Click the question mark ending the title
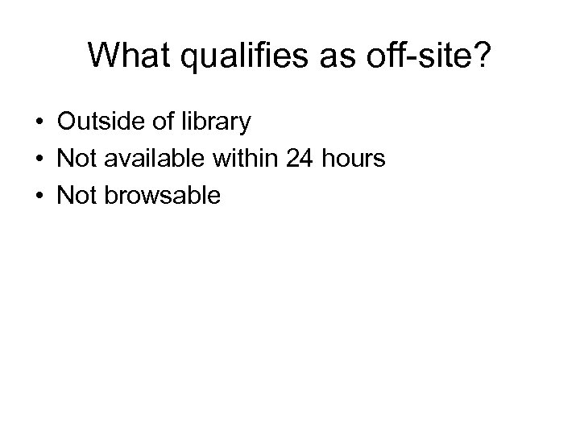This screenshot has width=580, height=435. pyautogui.click(x=481, y=56)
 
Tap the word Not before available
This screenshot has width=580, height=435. pyautogui.click(x=75, y=159)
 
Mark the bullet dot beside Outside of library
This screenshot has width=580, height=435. pyautogui.click(x=39, y=123)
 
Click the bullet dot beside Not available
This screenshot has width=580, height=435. pyautogui.click(x=39, y=159)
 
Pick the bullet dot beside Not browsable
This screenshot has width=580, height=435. pyautogui.click(x=39, y=195)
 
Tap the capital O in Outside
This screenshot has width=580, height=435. pyautogui.click(x=66, y=122)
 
